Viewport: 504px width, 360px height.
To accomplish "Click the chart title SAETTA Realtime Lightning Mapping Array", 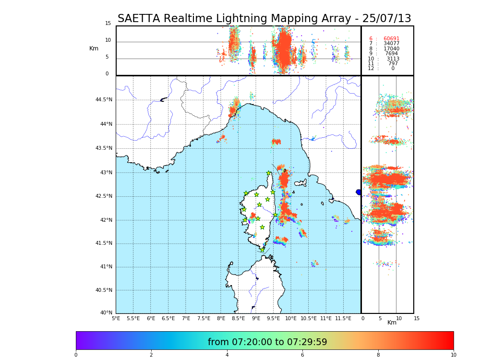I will [x=264, y=19].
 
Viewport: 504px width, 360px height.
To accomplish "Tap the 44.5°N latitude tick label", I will [x=104, y=100].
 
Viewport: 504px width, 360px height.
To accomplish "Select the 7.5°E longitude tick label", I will [x=204, y=318].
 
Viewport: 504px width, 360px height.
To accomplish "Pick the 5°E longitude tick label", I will [x=116, y=318].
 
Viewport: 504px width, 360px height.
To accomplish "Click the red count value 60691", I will [x=391, y=39].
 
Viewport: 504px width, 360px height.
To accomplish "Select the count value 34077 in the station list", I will [x=391, y=44].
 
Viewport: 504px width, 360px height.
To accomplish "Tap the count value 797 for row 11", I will [x=393, y=63].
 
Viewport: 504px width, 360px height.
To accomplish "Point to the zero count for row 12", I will [x=393, y=69].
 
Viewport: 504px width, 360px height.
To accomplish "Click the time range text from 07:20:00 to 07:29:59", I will [x=267, y=342].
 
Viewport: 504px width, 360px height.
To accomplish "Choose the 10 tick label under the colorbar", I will [x=453, y=355].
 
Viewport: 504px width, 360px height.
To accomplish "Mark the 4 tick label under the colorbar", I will [x=227, y=355].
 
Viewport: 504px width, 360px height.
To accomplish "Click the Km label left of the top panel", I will [x=94, y=48].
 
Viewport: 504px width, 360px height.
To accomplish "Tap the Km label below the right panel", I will [x=392, y=323].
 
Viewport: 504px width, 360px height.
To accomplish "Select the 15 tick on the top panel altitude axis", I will [x=108, y=24].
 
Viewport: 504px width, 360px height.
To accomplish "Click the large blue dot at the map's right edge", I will [x=359, y=192].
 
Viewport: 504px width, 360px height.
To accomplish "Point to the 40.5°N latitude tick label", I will [x=104, y=290].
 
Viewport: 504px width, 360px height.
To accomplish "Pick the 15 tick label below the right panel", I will [x=417, y=318].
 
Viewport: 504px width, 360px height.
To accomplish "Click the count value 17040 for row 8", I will [x=391, y=49].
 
